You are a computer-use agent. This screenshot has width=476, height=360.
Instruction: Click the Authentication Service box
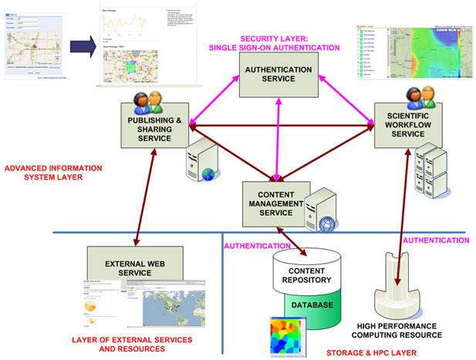point(277,76)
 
